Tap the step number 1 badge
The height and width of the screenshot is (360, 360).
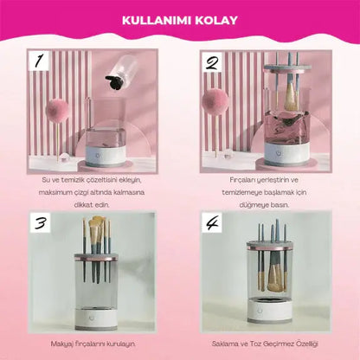pos(38,61)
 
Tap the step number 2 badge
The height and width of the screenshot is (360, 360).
pos(212,62)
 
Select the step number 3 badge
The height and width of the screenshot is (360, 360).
pos(41,222)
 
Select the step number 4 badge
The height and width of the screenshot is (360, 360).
pos(212,222)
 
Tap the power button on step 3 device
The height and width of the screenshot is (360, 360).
pos(92,318)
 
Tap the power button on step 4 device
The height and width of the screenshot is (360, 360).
pos(260,311)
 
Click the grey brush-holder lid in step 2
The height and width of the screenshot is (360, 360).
pos(287,69)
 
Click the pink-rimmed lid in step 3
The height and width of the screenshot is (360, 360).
pos(97,257)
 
